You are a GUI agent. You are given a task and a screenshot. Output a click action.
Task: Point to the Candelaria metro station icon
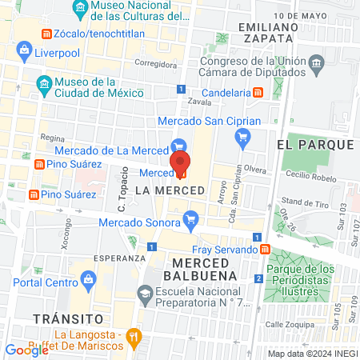click(258, 92)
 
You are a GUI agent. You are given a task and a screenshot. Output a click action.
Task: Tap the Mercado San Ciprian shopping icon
click(242, 138)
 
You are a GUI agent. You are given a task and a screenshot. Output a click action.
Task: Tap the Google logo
click(27, 350)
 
